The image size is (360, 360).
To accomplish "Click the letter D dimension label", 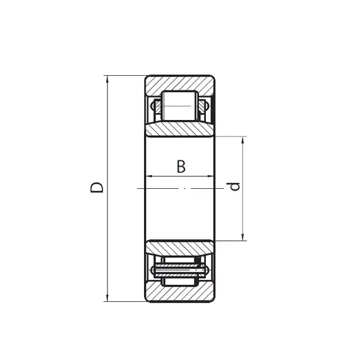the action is coord(97,188).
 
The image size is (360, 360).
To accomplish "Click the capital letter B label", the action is coord(181,167).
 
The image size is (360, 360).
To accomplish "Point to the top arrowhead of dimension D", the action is coord(107,78).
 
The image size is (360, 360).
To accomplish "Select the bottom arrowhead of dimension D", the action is coord(107,298).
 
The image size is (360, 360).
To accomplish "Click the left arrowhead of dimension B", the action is coord(149,176).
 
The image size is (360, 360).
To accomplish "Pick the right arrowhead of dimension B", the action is coord(210,176).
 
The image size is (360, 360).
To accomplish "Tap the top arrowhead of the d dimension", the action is coord(243,140).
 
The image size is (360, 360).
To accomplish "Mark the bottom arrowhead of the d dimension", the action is coord(243,237).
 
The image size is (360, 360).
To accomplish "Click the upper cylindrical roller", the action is coord(180,106).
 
